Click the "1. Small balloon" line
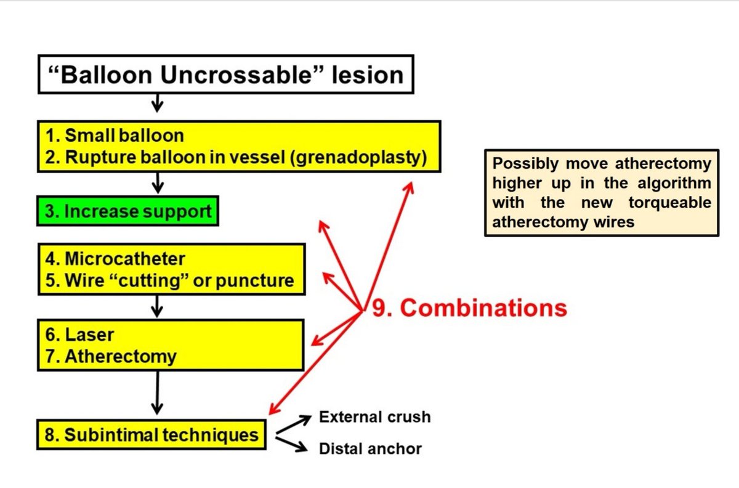115,135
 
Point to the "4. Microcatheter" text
115,258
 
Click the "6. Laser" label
79,335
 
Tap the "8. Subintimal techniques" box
151,435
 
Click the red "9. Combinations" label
469,307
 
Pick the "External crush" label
374,417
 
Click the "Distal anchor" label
370,449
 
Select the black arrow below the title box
158,103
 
